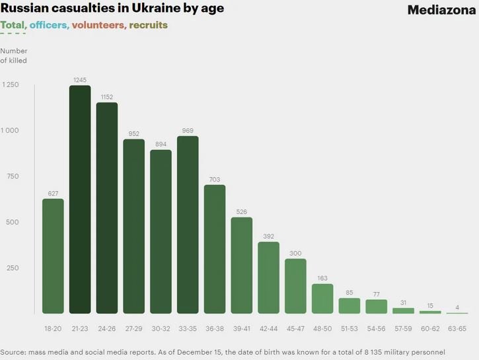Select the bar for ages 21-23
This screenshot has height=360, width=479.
(80, 199)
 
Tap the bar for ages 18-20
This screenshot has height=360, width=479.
(53, 256)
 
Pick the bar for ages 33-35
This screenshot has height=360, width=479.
(188, 225)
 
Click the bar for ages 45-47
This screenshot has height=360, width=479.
(295, 286)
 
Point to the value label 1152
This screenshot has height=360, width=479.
(107, 97)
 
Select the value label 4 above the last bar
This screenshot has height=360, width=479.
(457, 306)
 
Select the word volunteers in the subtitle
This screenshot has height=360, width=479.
(98, 25)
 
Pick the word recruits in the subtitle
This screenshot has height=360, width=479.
(149, 25)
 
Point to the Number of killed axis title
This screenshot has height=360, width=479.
(14, 55)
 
